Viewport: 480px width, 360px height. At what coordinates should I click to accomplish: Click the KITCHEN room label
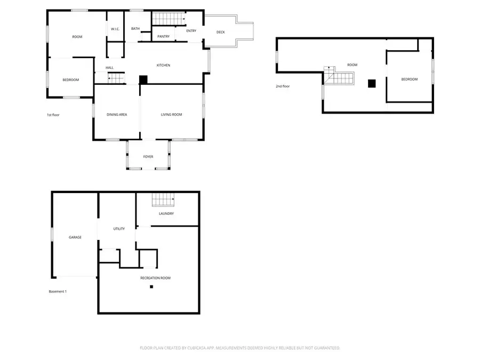click(163, 65)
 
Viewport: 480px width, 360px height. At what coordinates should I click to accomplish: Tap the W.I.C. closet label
click(115, 29)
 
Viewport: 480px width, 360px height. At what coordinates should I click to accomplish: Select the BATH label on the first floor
click(135, 29)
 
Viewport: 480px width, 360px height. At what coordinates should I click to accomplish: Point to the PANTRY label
click(164, 36)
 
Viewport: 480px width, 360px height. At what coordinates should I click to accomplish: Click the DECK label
click(221, 32)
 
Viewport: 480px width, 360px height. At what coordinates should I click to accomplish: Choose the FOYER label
click(148, 157)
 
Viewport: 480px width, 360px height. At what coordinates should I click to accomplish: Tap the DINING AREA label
click(117, 114)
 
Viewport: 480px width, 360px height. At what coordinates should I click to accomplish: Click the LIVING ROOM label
click(172, 114)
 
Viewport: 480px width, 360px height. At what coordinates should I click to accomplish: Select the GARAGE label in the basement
click(75, 237)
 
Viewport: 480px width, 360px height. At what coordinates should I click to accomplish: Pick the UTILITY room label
click(119, 229)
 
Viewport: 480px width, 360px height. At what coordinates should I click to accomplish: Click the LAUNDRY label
click(166, 213)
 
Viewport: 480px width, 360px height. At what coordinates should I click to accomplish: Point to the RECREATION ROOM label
click(155, 278)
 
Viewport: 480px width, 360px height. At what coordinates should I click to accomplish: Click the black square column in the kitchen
click(143, 79)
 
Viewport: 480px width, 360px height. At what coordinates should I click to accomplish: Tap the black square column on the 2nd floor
click(372, 83)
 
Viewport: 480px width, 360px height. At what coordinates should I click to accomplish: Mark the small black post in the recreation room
click(151, 287)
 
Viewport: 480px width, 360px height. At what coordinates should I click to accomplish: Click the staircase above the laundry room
click(164, 200)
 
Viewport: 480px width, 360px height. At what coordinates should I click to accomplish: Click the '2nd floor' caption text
click(283, 86)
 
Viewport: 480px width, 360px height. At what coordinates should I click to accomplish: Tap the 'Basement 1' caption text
click(58, 291)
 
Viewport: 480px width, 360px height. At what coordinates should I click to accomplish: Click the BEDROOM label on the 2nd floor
click(410, 79)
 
